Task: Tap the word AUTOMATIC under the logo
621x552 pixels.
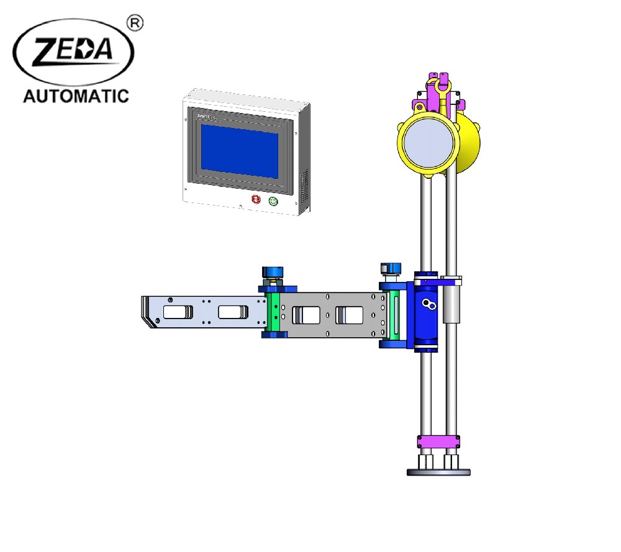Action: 75,96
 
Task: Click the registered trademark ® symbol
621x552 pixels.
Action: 135,23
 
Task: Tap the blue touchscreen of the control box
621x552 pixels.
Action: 239,151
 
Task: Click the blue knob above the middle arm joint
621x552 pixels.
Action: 273,273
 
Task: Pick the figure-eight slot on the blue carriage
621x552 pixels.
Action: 427,304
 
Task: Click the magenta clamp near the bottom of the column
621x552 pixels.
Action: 438,441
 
